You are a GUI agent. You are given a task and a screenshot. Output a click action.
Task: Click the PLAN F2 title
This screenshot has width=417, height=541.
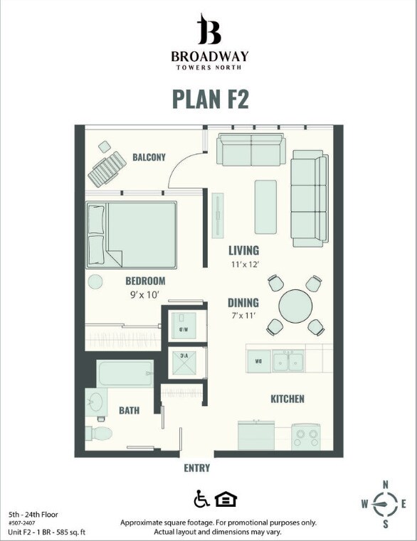(x=210, y=99)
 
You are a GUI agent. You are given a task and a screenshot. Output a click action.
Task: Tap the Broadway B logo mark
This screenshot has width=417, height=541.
(x=209, y=30)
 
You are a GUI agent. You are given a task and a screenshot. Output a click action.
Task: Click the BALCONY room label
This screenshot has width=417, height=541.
(x=149, y=157)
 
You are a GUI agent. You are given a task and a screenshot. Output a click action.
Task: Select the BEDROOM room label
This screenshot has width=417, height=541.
(x=145, y=281)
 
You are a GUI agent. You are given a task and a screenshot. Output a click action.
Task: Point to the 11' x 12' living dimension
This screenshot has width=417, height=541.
(x=243, y=264)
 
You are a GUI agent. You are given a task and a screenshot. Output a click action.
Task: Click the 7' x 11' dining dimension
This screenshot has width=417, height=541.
(x=243, y=316)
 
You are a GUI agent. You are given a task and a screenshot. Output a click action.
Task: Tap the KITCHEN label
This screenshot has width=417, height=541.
(x=287, y=399)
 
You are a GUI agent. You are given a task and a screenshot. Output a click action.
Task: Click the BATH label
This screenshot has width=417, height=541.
(x=129, y=410)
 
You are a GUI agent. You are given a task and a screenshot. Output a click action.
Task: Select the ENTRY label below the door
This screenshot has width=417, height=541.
(x=196, y=468)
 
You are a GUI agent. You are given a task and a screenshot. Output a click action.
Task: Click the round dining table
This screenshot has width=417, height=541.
(x=295, y=306)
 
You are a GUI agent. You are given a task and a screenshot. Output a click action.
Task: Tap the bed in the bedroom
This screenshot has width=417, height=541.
(x=132, y=233)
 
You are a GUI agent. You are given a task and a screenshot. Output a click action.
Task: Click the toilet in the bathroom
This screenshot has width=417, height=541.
(x=98, y=432)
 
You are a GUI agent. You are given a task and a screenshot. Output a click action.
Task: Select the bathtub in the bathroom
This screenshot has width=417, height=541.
(x=125, y=373)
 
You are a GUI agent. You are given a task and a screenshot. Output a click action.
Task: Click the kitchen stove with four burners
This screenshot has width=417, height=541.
(x=306, y=435)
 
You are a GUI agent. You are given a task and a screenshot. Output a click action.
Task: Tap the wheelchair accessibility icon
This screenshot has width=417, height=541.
(x=201, y=499)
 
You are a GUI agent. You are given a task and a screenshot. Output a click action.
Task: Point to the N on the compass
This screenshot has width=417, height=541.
(x=385, y=485)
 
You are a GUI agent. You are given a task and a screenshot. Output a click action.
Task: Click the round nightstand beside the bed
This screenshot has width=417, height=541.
(x=95, y=281)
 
